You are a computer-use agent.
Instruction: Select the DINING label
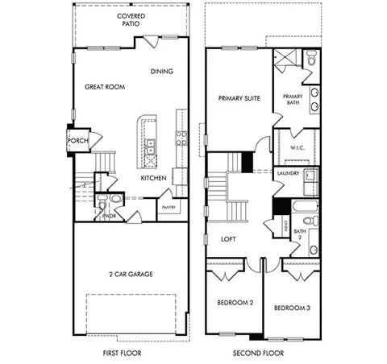161,72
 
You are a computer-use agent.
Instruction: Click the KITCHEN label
153,178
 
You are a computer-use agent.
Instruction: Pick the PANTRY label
169,207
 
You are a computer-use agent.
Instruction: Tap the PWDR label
109,216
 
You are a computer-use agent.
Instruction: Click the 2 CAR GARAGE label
130,274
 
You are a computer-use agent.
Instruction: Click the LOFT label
228,239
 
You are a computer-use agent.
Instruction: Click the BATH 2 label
298,236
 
